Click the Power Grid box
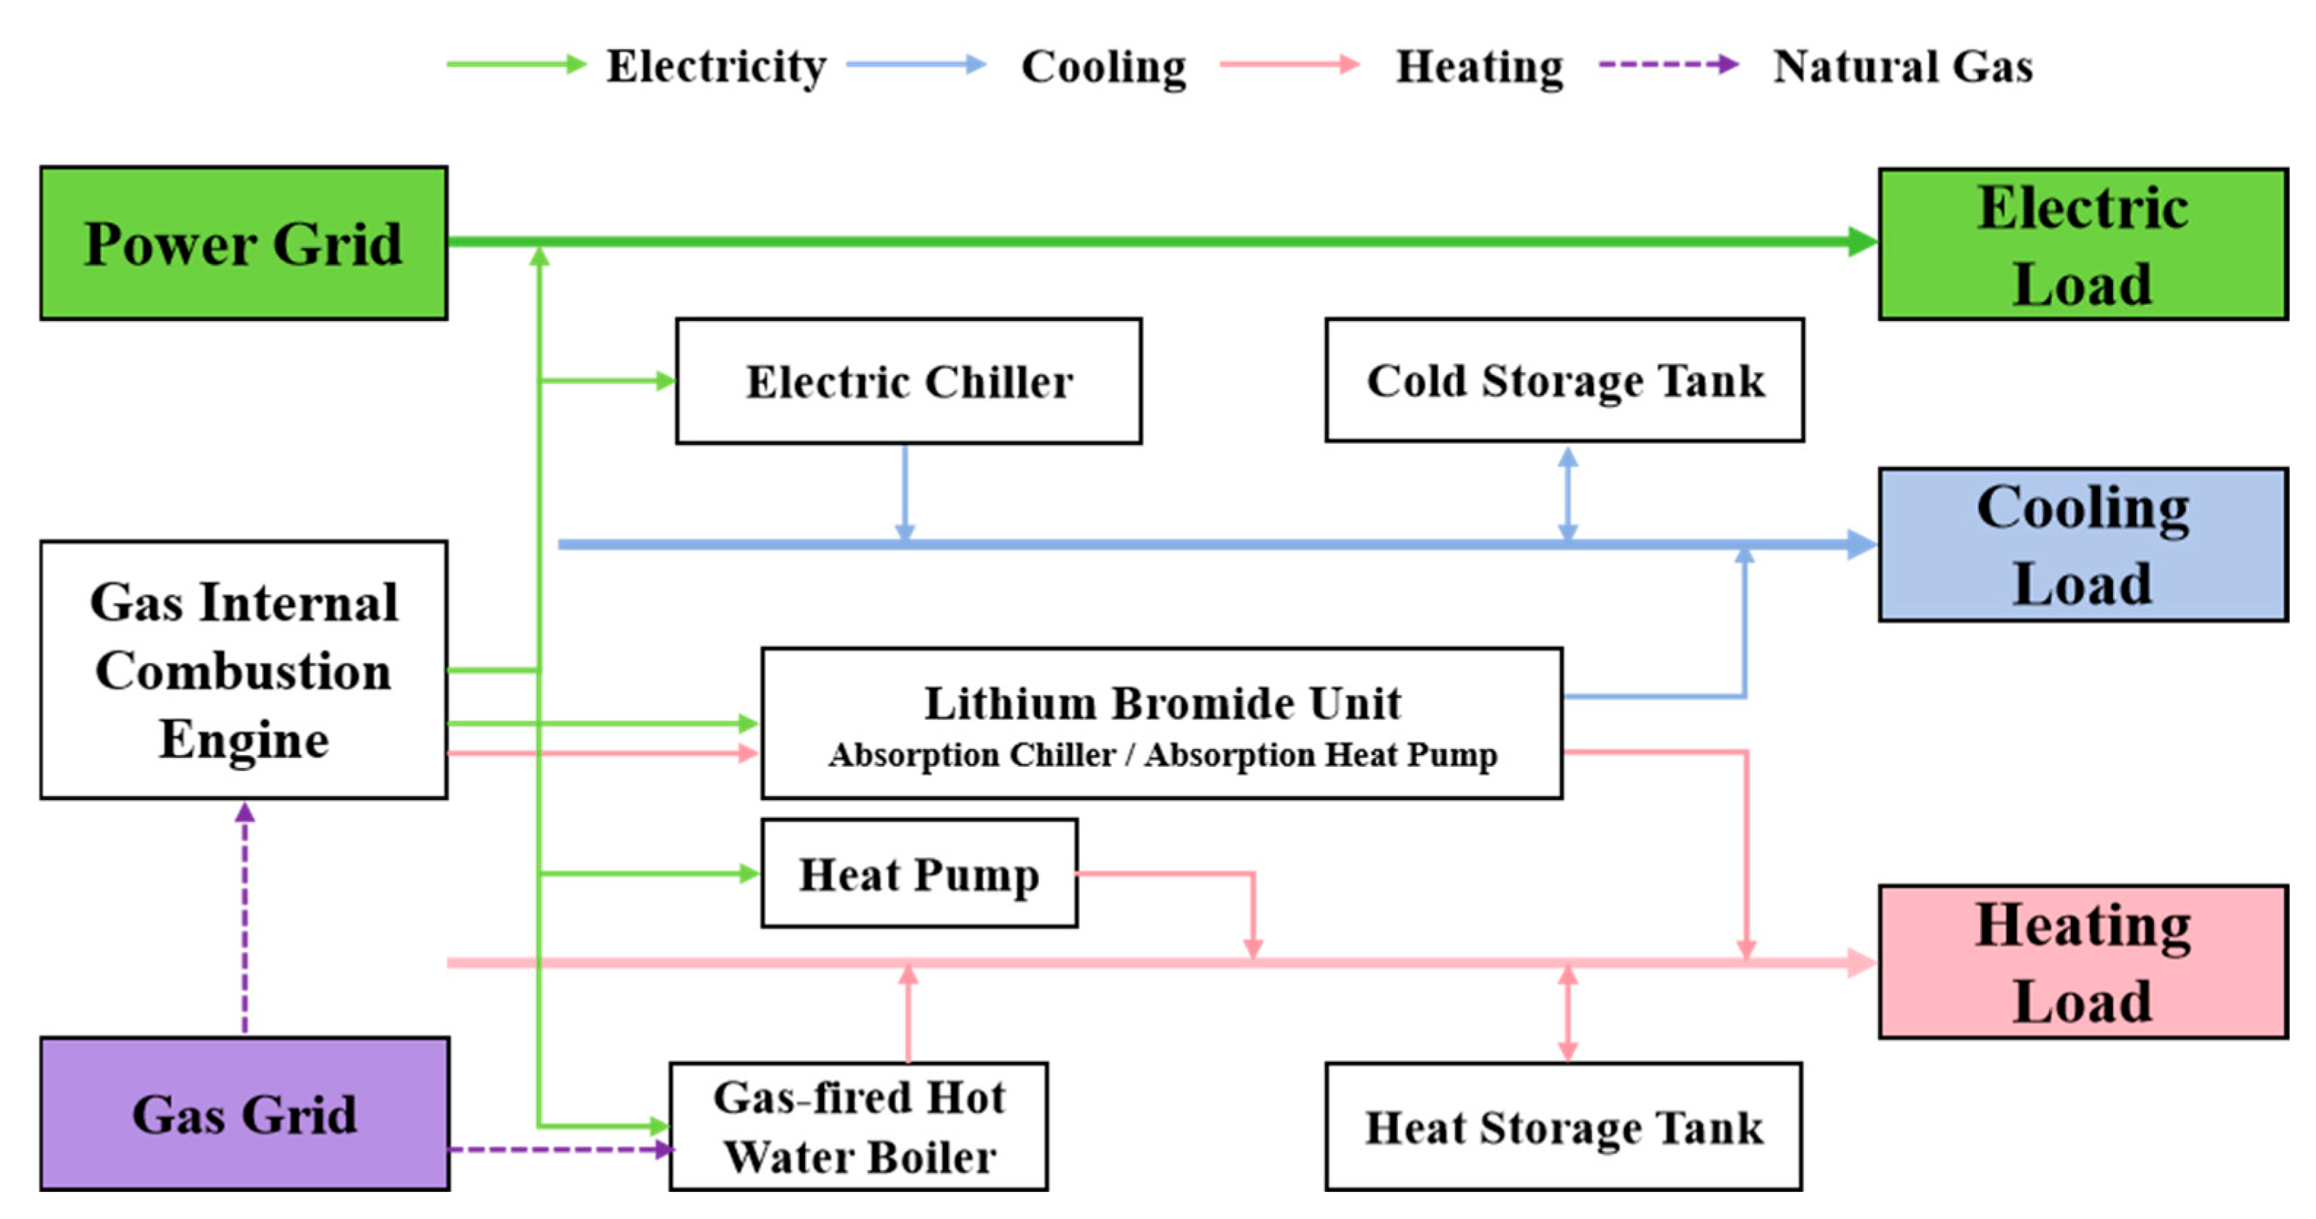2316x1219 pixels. point(244,243)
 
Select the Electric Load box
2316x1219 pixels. point(2083,244)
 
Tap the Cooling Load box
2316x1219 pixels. point(2083,544)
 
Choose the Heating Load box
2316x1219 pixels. point(2083,962)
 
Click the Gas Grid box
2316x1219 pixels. point(244,1114)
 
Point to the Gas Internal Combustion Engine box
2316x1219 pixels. point(244,670)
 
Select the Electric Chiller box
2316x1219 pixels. point(909,381)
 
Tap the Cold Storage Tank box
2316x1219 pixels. point(1564,380)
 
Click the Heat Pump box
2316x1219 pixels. point(919,873)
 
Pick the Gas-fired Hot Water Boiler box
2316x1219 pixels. point(859,1126)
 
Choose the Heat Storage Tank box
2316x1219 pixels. point(1564,1126)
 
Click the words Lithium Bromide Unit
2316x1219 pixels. point(1162,703)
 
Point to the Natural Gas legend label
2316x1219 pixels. point(1903,66)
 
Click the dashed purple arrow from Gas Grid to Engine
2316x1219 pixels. point(244,918)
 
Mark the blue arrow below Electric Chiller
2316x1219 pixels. point(906,492)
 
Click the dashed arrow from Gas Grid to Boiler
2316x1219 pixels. point(561,1149)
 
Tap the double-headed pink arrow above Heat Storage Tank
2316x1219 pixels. point(1568,1013)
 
